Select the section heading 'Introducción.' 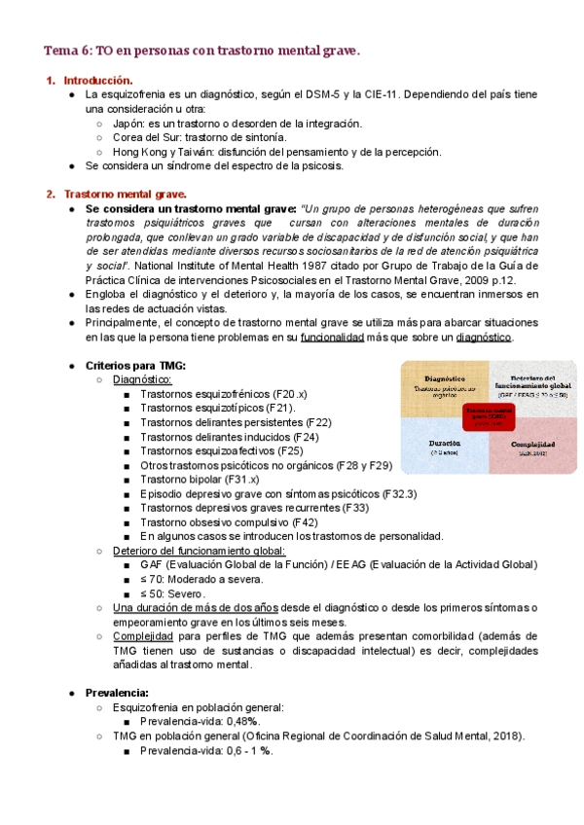(x=98, y=80)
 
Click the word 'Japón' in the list (x=129, y=124)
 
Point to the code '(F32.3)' (x=399, y=493)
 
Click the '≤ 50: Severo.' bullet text (x=174, y=592)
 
